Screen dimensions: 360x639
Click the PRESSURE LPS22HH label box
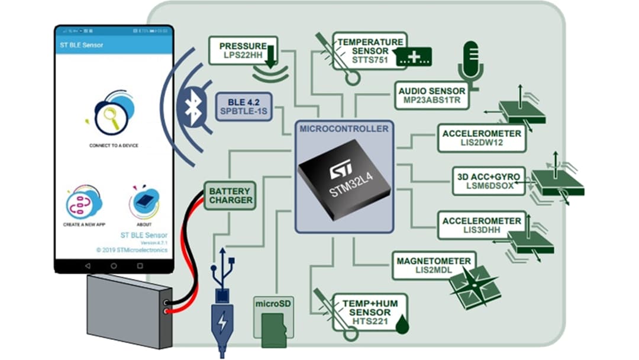point(243,51)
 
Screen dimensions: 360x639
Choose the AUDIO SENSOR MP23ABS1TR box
point(432,96)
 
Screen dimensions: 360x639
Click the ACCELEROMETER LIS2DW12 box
point(482,138)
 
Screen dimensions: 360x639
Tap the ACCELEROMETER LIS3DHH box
point(481,226)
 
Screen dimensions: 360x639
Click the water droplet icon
point(402,324)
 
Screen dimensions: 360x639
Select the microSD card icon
point(274,329)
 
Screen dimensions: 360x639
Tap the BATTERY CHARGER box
point(230,195)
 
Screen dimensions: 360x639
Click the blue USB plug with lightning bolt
point(222,323)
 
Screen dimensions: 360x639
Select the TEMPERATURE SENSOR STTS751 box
point(370,51)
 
